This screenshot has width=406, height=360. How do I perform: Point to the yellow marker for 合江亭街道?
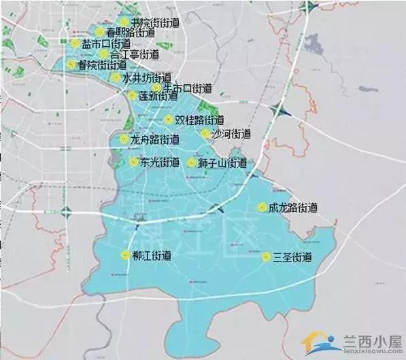click(x=103, y=54)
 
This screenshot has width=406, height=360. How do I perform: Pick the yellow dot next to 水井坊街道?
click(x=116, y=77)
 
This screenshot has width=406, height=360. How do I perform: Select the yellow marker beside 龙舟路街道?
click(x=123, y=139)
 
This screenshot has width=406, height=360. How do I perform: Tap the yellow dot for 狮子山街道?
click(x=192, y=163)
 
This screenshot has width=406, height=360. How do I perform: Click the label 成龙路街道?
click(x=293, y=208)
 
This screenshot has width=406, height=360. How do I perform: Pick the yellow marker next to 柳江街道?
click(x=124, y=255)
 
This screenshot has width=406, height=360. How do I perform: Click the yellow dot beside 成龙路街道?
click(x=262, y=208)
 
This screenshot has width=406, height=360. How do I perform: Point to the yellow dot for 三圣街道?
click(x=265, y=257)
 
